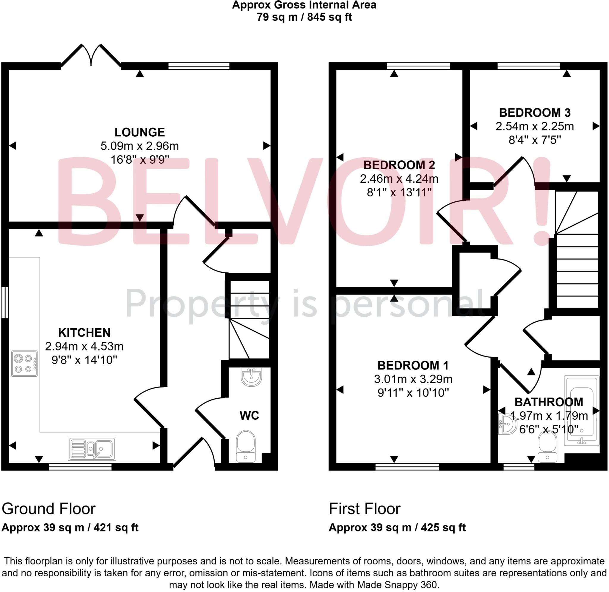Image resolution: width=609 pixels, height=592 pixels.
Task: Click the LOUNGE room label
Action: pos(139,132)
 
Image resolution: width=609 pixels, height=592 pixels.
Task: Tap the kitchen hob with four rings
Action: pos(24,364)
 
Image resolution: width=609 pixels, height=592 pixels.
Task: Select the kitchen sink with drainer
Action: pos(92,449)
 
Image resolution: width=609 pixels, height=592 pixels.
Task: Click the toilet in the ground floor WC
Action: pos(246,446)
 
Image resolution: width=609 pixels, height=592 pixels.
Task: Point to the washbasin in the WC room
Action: pos(252,377)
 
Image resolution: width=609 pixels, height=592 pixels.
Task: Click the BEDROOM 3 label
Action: pos(535,113)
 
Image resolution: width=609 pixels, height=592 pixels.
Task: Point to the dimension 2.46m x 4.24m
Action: pos(399,179)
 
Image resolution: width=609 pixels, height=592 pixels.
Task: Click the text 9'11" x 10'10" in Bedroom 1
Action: pos(413,393)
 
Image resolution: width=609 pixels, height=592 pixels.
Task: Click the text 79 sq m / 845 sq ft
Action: pos(304,17)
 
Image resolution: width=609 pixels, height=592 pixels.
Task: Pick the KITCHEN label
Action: pos(84,333)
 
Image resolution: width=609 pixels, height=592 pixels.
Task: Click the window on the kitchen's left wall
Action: pos(5,302)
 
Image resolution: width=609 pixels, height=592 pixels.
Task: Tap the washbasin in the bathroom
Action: pos(506,424)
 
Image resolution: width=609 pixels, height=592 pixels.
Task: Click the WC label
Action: pos(249,415)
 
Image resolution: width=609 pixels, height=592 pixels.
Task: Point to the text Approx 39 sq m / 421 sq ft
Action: pos(70,528)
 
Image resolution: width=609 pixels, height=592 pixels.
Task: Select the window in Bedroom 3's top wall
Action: pos(528,66)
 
